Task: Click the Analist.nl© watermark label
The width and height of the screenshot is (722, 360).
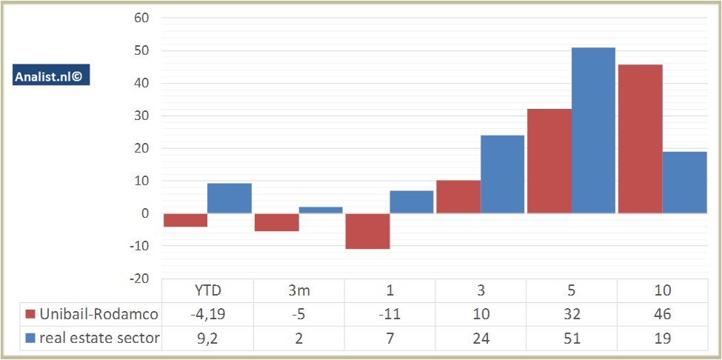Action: coord(51,75)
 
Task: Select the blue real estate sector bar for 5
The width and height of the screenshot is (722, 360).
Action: coord(593,130)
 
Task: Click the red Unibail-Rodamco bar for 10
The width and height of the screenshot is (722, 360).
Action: coord(640,139)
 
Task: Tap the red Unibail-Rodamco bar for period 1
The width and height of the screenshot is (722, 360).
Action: coord(367,231)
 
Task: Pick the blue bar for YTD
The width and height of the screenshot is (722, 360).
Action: coord(229,198)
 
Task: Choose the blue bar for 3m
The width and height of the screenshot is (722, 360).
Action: coord(321,210)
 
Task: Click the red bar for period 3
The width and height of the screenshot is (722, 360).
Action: coord(458,196)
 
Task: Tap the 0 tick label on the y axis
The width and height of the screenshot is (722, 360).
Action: coord(145,213)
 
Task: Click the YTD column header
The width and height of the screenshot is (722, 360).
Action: coord(207,290)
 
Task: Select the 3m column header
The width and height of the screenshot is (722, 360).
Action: coord(298,290)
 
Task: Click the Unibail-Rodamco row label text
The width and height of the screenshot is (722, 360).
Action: coord(98,314)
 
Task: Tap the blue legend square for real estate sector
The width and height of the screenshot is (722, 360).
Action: coord(30,339)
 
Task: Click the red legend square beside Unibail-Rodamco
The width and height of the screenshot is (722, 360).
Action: coord(30,314)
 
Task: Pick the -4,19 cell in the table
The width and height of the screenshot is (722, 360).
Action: coord(207,314)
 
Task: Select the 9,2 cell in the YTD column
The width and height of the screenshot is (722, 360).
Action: coord(207,339)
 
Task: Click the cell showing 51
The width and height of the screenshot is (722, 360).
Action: coord(571,339)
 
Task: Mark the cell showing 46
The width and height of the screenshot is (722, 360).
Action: coord(662,314)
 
